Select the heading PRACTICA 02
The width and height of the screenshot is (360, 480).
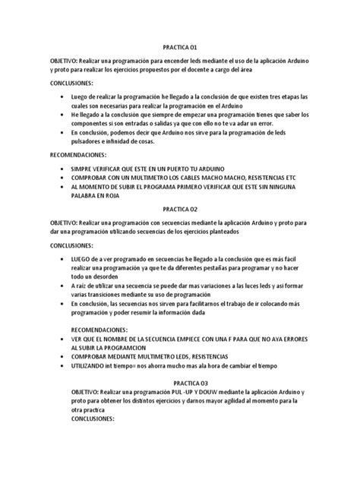[180, 209]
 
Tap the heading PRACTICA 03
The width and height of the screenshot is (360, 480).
[195, 383]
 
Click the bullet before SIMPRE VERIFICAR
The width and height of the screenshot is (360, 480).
[61, 166]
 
